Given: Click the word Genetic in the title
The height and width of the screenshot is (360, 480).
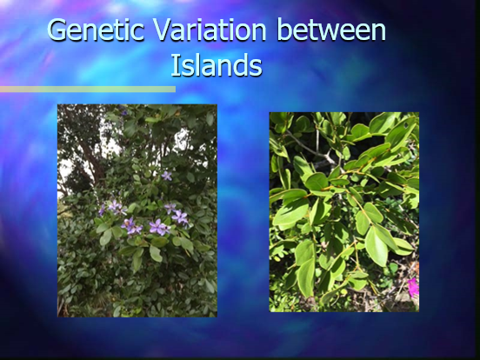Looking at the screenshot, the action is pos(96,30).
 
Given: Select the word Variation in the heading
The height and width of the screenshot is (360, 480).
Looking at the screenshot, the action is pos(210,30).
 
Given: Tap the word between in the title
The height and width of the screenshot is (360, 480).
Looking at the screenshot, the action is pos(331,30).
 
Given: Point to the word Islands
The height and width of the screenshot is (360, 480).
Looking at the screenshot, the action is pos(217,65).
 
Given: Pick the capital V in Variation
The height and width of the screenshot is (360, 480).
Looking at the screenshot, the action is pos(163,30).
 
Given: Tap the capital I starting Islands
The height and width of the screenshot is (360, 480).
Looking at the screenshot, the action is pos(174,65).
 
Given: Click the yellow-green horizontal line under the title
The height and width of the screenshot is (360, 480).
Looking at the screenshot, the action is pos(88,89).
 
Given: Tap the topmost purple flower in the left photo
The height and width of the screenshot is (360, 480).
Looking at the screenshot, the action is pos(167,176).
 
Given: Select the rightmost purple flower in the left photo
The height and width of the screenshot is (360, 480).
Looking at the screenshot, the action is pos(180,217).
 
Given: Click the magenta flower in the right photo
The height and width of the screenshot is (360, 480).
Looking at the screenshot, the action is pos(413,287).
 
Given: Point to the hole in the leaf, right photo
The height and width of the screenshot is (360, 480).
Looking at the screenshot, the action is pos(406,125).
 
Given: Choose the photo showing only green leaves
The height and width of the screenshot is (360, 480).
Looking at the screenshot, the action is pos(344,212).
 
